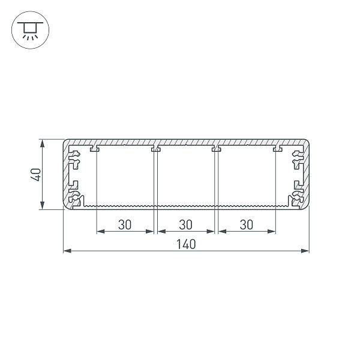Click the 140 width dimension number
click(186, 244)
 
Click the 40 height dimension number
click(36, 175)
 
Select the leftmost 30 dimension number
click(125, 224)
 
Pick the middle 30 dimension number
click(185, 224)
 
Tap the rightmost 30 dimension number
click(247, 224)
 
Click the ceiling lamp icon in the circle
click(30, 30)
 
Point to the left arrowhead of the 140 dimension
click(67, 251)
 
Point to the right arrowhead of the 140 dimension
click(305, 251)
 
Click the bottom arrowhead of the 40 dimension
click(42, 205)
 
